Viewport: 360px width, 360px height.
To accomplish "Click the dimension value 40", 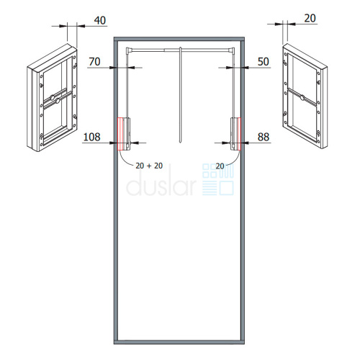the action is (100, 20).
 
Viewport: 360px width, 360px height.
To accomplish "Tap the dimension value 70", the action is (94, 62).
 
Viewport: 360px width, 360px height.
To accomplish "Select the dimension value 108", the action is (91, 137).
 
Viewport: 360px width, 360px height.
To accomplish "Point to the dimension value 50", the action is (264, 62).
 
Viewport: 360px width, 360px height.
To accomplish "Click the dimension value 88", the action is (264, 137).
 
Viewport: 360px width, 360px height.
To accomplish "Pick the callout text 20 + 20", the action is (149, 166).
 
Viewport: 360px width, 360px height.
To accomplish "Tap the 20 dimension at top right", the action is (310, 19).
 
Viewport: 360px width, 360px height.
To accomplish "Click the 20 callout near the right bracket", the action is (220, 166).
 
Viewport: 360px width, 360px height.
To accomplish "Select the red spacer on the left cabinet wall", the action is (121, 134).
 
